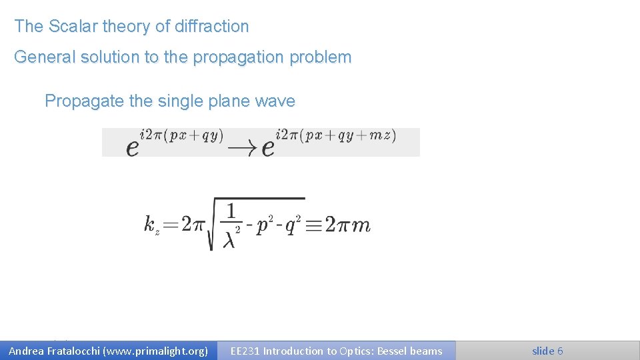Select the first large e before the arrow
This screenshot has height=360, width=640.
coord(133,147)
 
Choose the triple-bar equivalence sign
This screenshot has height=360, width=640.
coord(315,225)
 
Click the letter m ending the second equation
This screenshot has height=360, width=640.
coord(360,225)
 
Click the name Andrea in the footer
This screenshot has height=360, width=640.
coord(28,351)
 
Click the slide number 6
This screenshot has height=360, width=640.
coord(560,351)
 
